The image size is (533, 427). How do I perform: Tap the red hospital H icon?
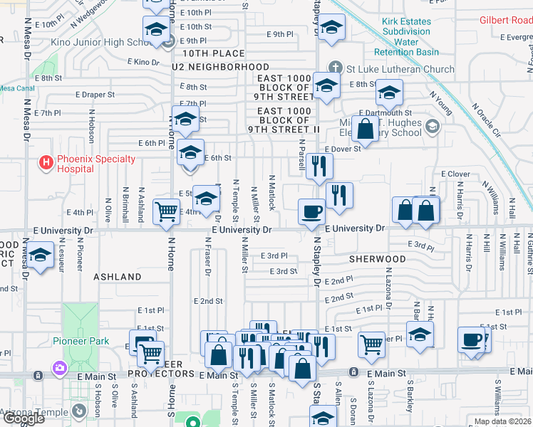click(x=46, y=164)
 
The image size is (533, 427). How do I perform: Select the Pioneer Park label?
click(x=81, y=341)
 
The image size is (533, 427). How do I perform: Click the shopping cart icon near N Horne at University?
click(x=166, y=211)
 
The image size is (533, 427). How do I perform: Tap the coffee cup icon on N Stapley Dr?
click(x=312, y=211)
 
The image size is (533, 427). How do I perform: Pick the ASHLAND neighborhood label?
click(x=117, y=276)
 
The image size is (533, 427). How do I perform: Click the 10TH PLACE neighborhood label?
click(x=213, y=53)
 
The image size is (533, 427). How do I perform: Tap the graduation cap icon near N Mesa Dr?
click(x=41, y=255)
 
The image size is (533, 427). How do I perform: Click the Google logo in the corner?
click(x=24, y=418)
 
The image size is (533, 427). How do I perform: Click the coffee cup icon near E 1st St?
click(x=471, y=339)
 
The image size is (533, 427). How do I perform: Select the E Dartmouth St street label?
click(x=385, y=112)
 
